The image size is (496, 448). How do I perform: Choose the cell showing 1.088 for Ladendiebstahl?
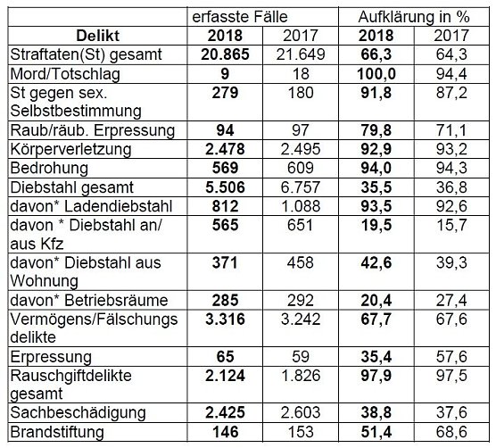tap(300, 206)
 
